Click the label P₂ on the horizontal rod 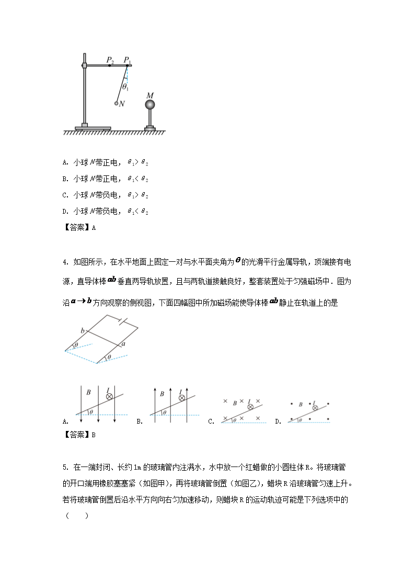(110, 60)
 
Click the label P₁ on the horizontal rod (127, 60)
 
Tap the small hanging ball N (117, 104)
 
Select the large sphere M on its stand (150, 105)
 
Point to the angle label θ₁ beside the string (125, 86)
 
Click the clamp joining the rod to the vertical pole (84, 65)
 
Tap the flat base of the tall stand (93, 127)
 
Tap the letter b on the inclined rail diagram (82, 331)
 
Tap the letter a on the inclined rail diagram (123, 345)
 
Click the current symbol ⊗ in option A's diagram (109, 397)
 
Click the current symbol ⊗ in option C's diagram (250, 407)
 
